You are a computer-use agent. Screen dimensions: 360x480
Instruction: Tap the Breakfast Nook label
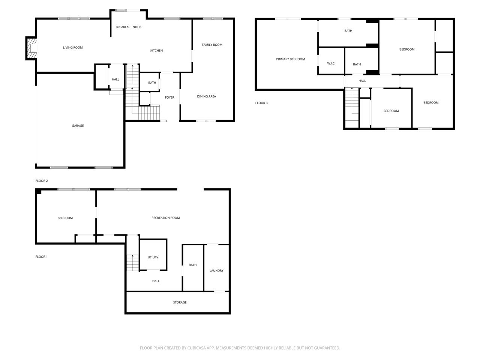point(129,27)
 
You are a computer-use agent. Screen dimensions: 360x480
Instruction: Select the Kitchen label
point(156,51)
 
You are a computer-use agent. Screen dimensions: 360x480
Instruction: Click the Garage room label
point(78,126)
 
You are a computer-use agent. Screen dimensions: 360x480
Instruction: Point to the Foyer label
point(169,97)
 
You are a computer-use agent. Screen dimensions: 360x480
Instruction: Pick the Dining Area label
point(206,96)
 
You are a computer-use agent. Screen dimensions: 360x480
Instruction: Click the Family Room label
point(212,45)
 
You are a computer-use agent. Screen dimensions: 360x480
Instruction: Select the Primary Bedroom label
point(290,59)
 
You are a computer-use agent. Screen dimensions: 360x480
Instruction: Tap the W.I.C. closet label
point(331,63)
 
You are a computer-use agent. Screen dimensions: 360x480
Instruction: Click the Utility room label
point(153,257)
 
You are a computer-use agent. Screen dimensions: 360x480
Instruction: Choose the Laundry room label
point(216,271)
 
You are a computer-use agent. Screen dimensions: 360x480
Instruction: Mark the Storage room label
point(180,302)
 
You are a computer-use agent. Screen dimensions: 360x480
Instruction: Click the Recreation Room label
point(165,218)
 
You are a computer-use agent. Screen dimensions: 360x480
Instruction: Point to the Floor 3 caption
point(261,103)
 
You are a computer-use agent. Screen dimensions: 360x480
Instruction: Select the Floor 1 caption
point(42,257)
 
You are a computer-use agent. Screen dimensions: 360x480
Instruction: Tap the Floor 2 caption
point(42,181)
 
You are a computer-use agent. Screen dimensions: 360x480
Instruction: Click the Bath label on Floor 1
point(193,265)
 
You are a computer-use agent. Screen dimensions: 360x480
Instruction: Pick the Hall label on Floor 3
point(362,81)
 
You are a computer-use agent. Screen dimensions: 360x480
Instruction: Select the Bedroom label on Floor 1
point(65,218)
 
